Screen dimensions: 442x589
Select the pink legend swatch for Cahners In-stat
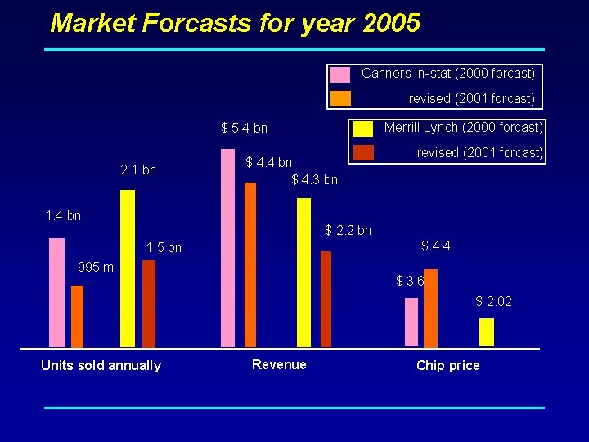340,74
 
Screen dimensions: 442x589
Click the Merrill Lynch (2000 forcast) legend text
463,128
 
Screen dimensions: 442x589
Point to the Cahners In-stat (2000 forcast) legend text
448,74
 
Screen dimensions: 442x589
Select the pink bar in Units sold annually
56,292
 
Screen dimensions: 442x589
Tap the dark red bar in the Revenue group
326,299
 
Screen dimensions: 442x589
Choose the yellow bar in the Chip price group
487,332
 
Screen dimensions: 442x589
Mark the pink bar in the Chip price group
411,322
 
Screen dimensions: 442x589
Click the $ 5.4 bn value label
244,129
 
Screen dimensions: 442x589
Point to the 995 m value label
96,268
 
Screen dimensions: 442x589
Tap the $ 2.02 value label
494,302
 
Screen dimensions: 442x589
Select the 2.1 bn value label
137,170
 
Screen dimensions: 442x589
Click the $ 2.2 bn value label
348,231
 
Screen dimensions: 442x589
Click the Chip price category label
447,365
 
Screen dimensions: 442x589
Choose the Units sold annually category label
101,365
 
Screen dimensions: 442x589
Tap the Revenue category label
279,364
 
